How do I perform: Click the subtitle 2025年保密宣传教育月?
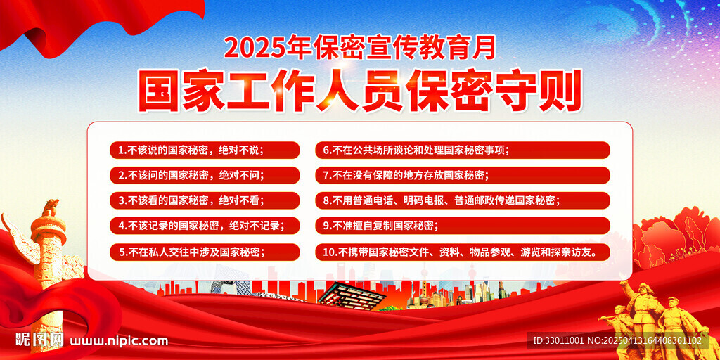click(359, 47)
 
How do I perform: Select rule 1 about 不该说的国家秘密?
click(204, 150)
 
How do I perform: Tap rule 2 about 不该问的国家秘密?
click(204, 175)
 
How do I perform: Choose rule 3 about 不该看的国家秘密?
click(204, 200)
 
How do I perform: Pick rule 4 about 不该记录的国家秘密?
click(204, 226)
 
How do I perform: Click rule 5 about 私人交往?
click(204, 251)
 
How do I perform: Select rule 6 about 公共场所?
click(462, 150)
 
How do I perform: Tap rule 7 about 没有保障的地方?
click(462, 175)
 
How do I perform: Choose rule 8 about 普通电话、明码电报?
click(462, 200)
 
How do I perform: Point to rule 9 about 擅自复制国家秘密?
click(462, 226)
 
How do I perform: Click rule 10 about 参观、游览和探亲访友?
click(462, 251)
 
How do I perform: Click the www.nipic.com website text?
click(120, 341)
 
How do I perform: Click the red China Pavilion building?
click(352, 294)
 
